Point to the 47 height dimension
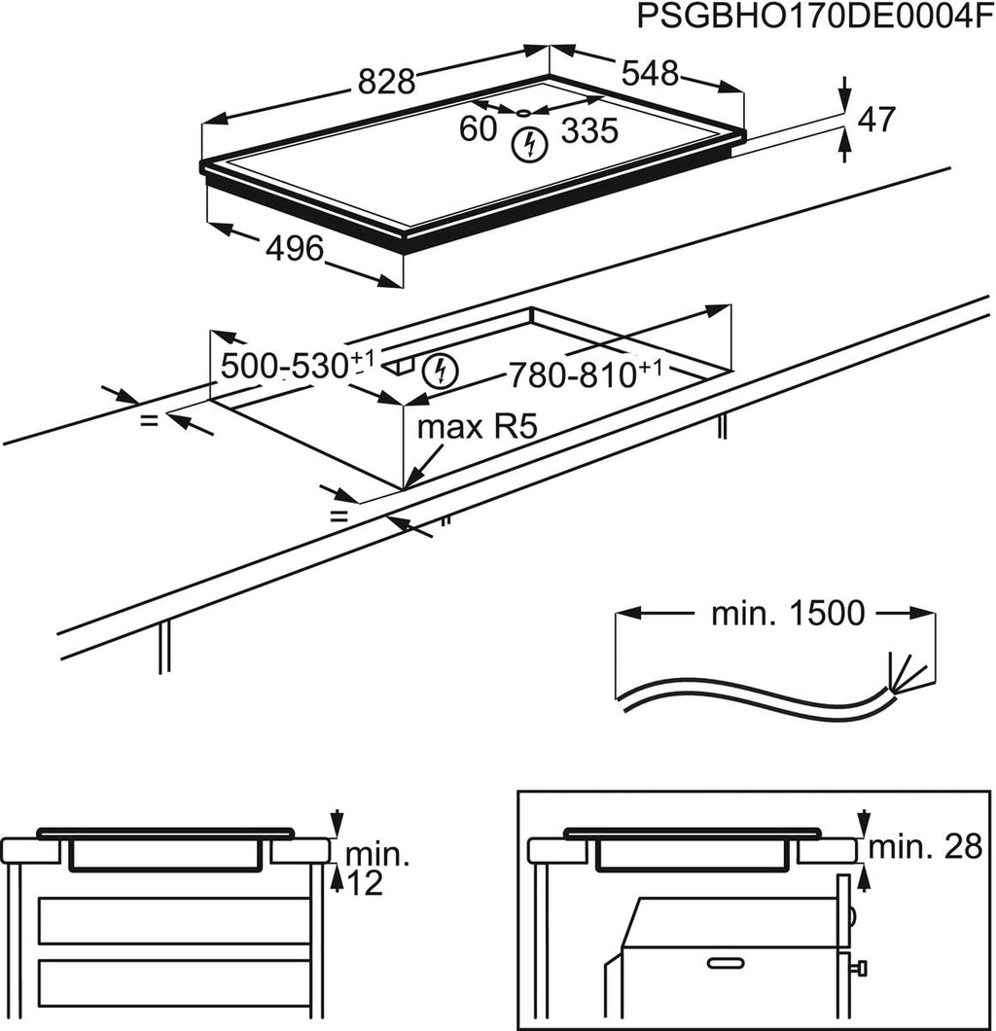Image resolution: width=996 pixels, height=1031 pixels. click(875, 120)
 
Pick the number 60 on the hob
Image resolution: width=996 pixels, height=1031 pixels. click(478, 129)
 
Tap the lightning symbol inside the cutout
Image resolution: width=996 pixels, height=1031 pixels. click(441, 370)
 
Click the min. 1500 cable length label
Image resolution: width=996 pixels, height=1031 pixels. click(787, 613)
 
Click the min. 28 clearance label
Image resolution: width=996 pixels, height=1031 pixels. click(925, 847)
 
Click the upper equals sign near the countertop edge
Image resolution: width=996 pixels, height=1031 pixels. click(149, 421)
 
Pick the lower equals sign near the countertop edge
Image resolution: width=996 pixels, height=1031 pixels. click(338, 516)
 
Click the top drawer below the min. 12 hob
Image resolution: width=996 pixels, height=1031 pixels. click(173, 920)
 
